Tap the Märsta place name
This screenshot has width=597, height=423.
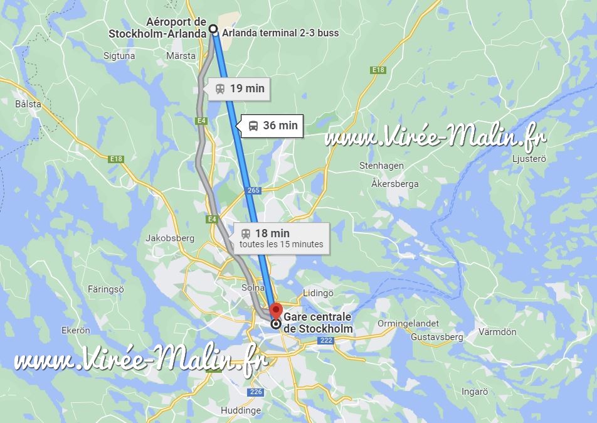181,56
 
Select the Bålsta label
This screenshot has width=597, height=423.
28,104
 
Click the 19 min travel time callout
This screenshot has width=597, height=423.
240,88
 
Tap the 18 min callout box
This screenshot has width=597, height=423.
282,238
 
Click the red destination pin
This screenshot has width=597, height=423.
276,310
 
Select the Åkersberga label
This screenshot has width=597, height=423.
395,184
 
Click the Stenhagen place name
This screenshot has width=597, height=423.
381,166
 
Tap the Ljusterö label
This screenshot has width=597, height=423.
529,159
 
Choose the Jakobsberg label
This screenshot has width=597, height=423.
170,238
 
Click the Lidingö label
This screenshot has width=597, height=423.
318,293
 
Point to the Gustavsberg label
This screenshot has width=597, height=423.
436,337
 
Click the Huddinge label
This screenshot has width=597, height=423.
241,410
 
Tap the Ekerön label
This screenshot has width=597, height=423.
76,330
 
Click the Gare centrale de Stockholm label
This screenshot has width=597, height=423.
317,323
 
